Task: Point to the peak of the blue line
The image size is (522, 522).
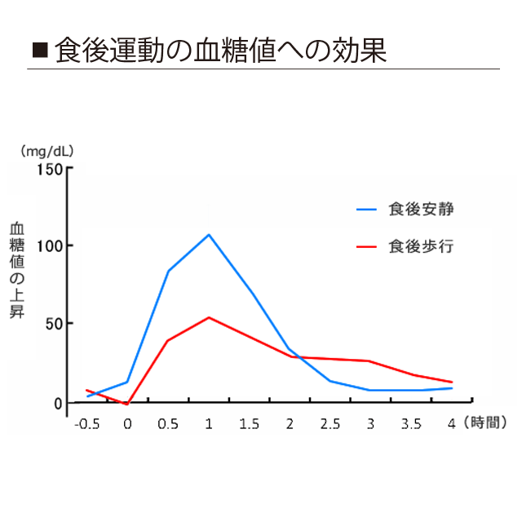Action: (209, 235)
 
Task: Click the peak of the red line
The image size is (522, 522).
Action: (209, 317)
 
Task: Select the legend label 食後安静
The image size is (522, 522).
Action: (421, 209)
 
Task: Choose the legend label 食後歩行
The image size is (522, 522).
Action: (421, 246)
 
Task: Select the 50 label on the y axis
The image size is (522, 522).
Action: (52, 323)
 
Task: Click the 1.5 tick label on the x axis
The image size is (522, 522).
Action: (249, 424)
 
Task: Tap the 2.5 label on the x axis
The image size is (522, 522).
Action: (330, 424)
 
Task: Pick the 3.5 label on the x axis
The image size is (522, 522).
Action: (411, 424)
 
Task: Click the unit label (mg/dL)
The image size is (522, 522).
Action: (48, 151)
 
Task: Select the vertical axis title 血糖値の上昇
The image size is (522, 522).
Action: (16, 270)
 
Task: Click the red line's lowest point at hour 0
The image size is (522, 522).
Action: (126, 404)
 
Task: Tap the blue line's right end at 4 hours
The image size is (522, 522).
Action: (452, 388)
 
